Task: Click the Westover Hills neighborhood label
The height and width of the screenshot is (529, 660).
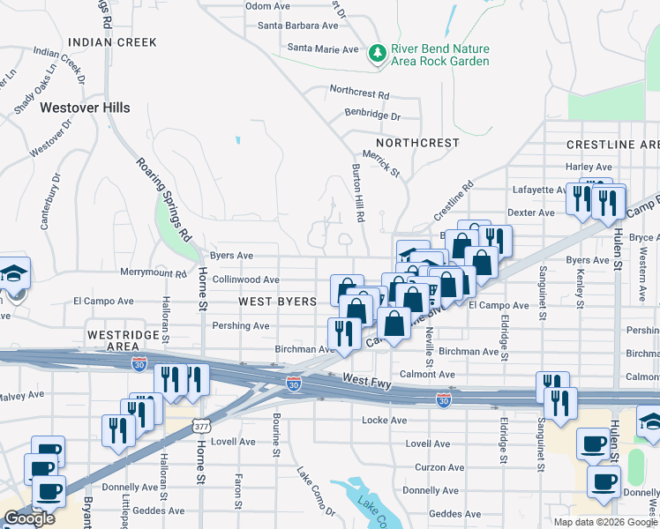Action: coord(85,108)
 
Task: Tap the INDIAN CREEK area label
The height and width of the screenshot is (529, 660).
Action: coord(112,42)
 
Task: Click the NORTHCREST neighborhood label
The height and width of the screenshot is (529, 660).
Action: coord(417,142)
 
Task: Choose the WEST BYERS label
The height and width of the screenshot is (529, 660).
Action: coord(277,302)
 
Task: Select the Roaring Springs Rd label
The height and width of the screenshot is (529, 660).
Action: coord(164,198)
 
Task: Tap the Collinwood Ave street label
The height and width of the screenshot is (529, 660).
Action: coord(245,279)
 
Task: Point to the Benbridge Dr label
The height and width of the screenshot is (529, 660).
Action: coord(372,115)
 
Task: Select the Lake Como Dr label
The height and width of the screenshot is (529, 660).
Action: coord(316,492)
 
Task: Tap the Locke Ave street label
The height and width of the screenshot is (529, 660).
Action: coord(384,421)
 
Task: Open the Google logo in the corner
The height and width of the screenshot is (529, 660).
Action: coord(29,518)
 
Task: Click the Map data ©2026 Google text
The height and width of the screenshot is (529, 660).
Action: coord(604,522)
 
